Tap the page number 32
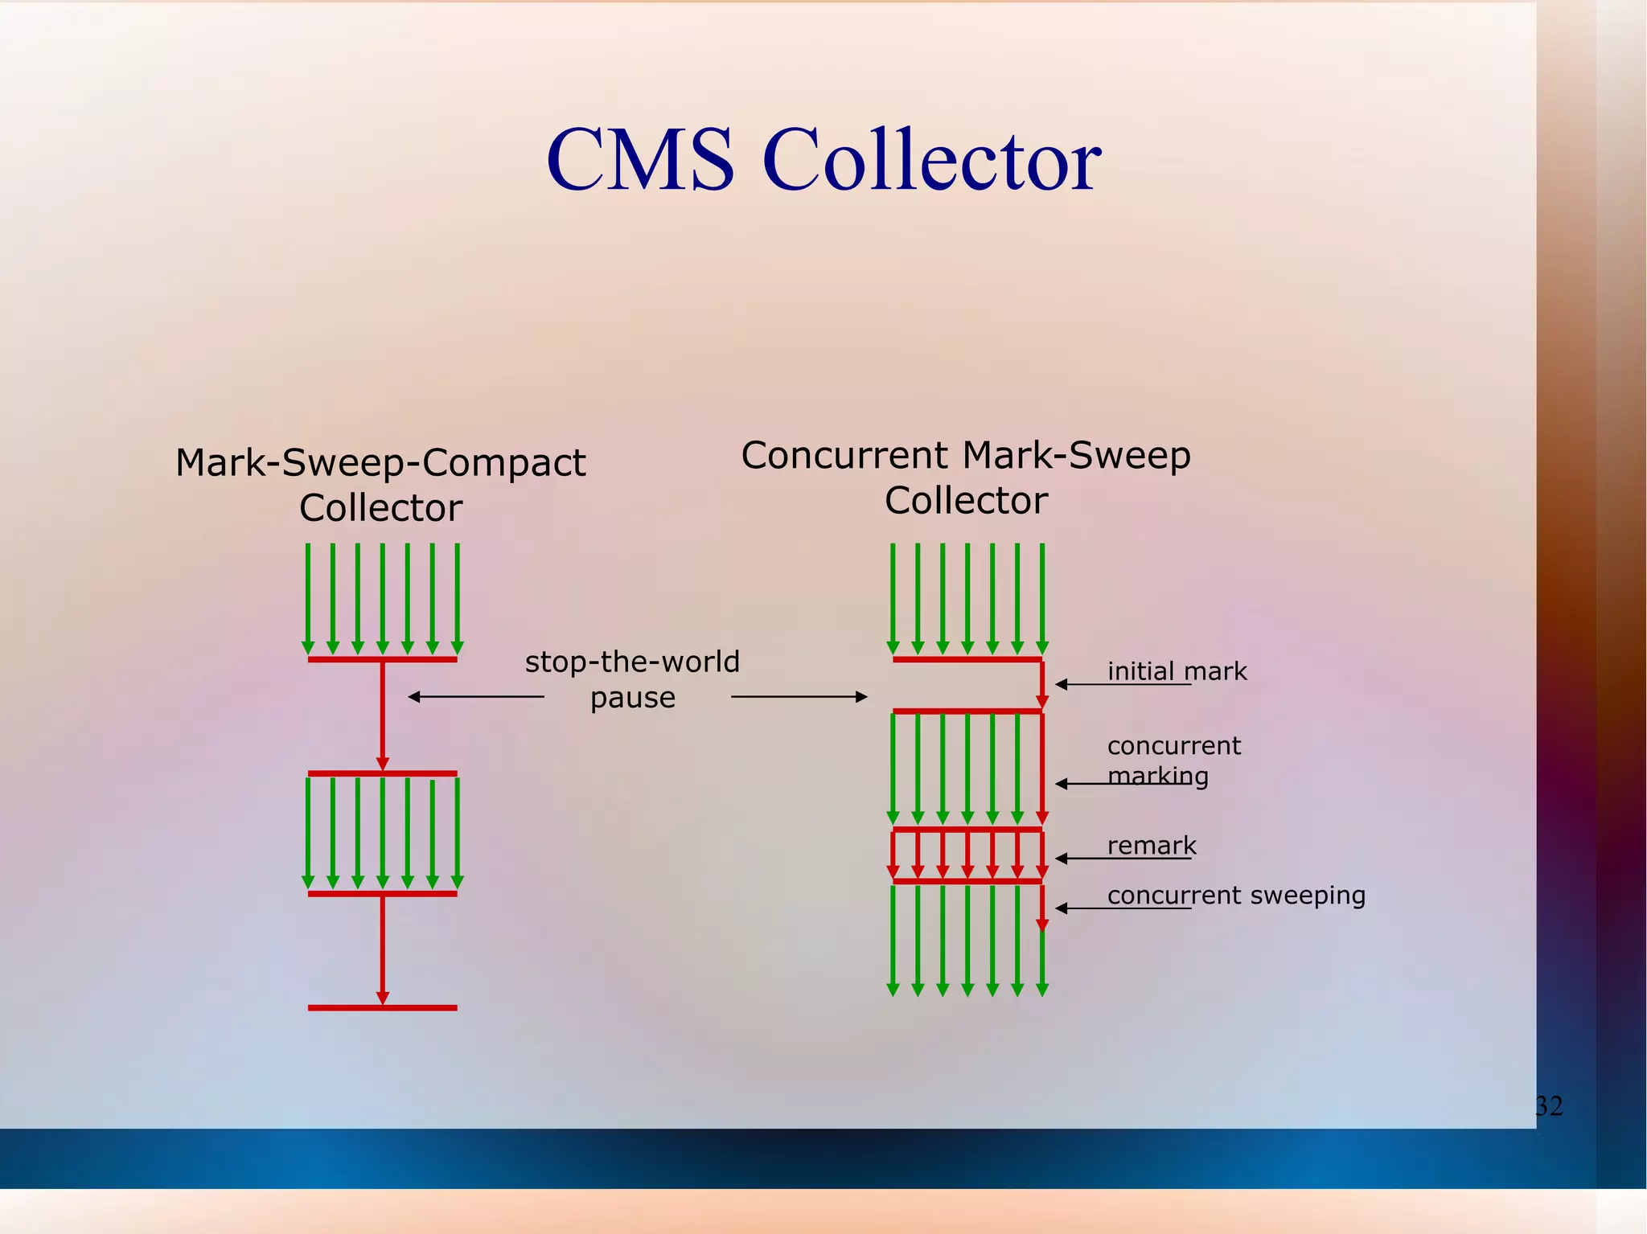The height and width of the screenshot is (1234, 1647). [x=1549, y=1106]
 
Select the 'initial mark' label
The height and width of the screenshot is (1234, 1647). [x=1177, y=671]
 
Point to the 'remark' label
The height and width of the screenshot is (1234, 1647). [x=1152, y=846]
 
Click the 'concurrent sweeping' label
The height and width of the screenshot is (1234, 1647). [x=1236, y=895]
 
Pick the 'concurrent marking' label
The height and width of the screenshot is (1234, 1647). [x=1173, y=760]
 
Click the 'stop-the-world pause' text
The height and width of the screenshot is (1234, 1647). [x=632, y=679]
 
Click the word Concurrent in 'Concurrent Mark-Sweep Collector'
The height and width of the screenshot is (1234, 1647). [x=845, y=456]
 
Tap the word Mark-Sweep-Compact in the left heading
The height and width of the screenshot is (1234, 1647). [x=380, y=463]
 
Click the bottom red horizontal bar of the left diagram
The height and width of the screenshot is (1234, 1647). [x=382, y=1007]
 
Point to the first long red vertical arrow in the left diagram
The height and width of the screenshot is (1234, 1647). [x=383, y=715]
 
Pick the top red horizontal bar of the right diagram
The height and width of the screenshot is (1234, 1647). [x=967, y=659]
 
